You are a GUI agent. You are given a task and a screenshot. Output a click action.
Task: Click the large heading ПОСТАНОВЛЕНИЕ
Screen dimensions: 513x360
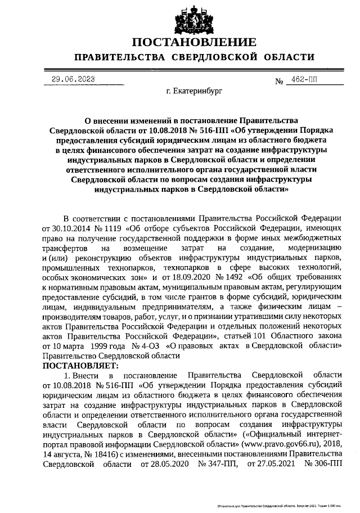pyautogui.click(x=194, y=42)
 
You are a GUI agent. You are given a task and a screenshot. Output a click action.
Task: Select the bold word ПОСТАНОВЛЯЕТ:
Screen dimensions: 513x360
pyautogui.click(x=76, y=365)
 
